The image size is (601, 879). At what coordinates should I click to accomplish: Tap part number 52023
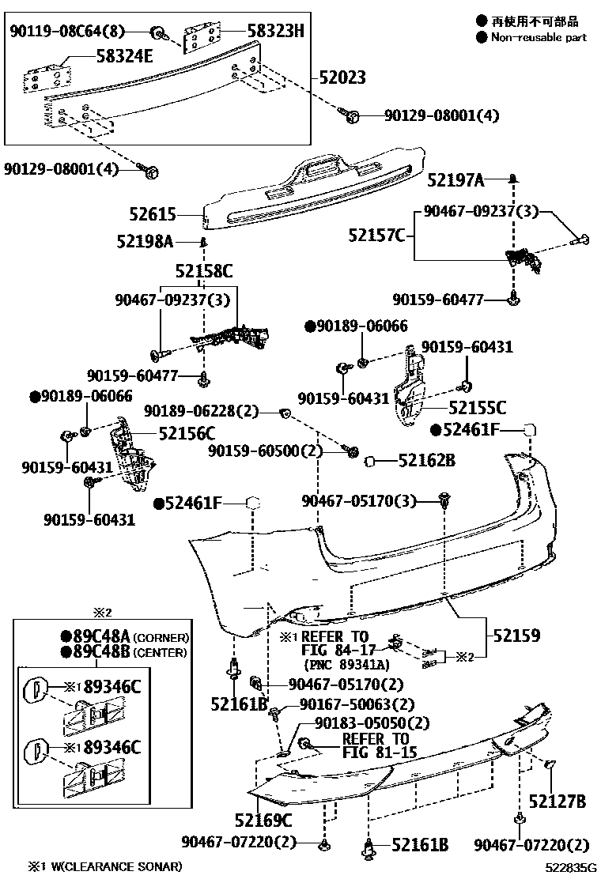342,78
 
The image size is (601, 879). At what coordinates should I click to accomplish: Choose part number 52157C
376,235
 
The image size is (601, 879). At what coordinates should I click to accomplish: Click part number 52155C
477,408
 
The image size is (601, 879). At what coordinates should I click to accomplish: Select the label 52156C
187,433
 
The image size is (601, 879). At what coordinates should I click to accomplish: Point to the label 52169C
263,820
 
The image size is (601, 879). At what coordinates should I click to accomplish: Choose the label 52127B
558,802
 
